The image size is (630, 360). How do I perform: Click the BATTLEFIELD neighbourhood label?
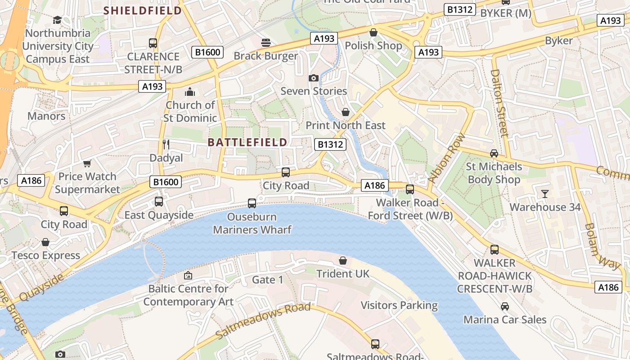click(x=247, y=143)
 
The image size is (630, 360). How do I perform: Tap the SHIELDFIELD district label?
click(x=143, y=10)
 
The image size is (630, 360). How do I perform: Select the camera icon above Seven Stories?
click(x=314, y=78)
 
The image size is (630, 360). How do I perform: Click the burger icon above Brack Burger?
click(x=266, y=43)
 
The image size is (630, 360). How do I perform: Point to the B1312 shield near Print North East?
click(x=330, y=144)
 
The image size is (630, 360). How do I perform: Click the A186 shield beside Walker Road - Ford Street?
click(x=374, y=185)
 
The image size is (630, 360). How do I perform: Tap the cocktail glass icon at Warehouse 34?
click(x=545, y=194)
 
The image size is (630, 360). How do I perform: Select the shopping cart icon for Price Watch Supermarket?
click(x=87, y=163)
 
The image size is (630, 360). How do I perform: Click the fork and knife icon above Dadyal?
click(x=166, y=144)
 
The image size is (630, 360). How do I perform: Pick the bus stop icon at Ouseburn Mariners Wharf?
click(x=252, y=203)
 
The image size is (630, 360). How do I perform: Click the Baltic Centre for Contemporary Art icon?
click(x=188, y=275)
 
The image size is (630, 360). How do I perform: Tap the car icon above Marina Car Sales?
click(x=505, y=306)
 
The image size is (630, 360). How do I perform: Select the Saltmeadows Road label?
click(x=263, y=321)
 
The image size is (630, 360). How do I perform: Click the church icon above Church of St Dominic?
click(x=190, y=92)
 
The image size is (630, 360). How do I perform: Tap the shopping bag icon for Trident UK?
click(x=343, y=261)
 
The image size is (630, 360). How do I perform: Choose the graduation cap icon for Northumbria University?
click(x=57, y=20)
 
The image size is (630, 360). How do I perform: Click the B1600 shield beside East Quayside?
click(x=166, y=182)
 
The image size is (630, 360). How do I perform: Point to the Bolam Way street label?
click(x=602, y=246)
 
